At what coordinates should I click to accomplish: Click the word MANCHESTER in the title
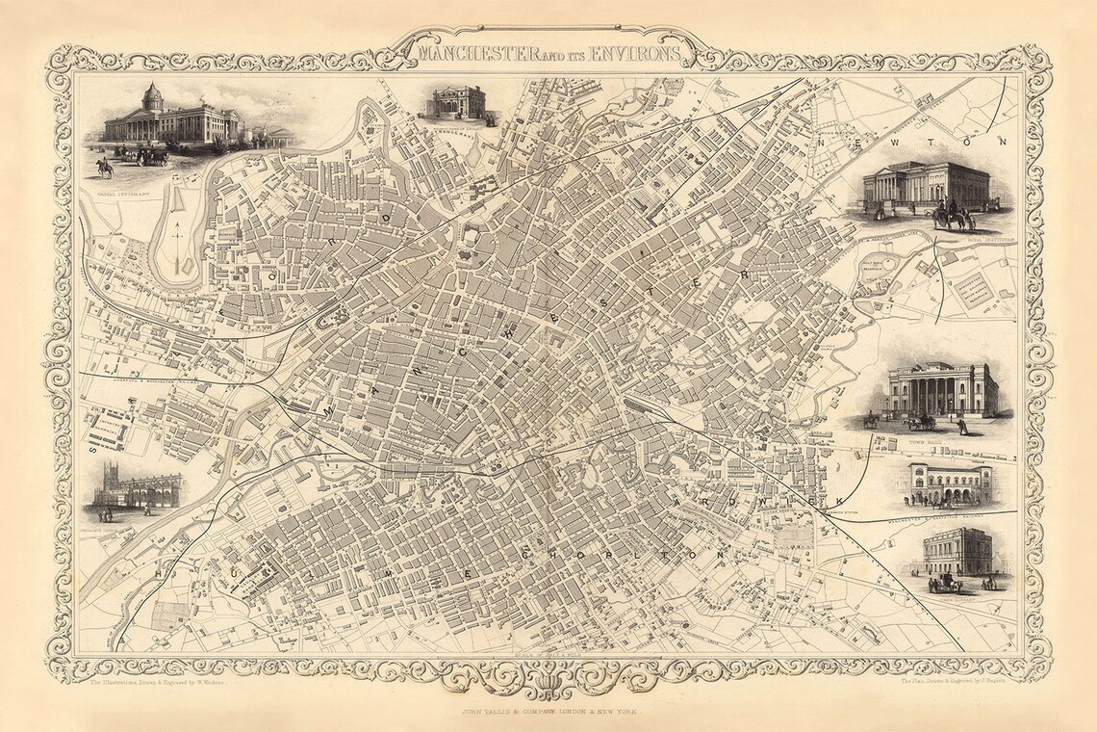coord(469,52)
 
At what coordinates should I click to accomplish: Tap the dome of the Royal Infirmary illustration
coord(152,95)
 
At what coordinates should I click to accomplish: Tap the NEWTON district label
coord(911,142)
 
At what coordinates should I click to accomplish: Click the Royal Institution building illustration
coord(925,186)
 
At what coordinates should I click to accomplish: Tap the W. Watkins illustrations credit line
coord(156,682)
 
